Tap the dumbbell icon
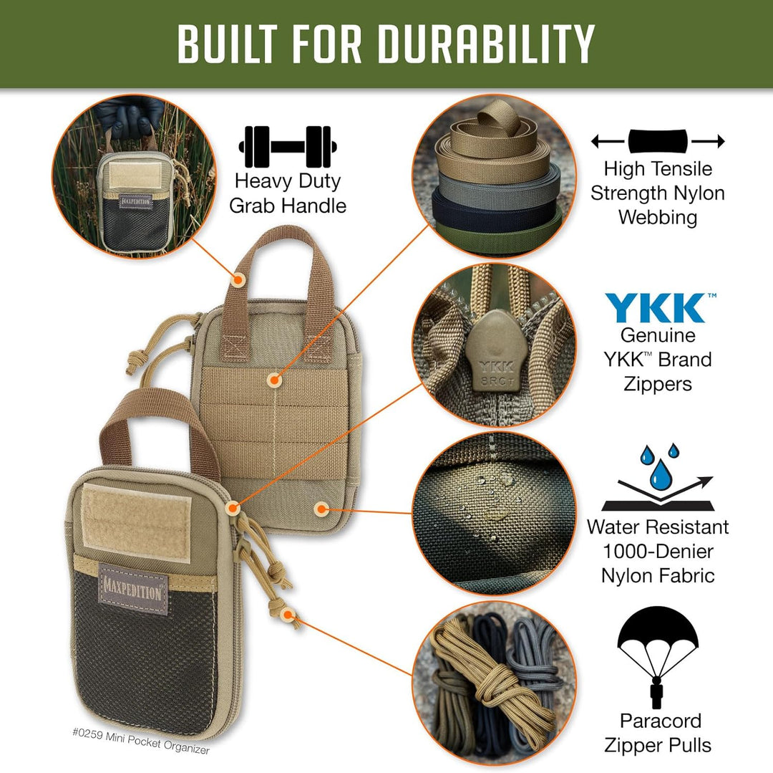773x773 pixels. point(288,146)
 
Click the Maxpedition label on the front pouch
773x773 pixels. point(133,588)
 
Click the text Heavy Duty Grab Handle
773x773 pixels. point(288,193)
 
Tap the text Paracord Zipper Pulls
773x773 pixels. point(658,733)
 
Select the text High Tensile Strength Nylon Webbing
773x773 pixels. point(658,193)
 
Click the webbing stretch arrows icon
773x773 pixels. point(657,141)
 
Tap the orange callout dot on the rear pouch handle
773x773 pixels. point(238,277)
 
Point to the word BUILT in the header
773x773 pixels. point(233,44)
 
